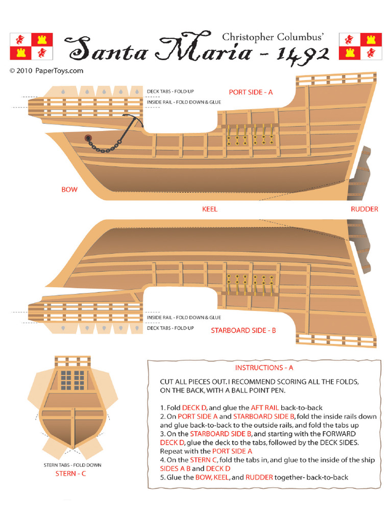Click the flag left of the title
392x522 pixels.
pyautogui.click(x=31, y=46)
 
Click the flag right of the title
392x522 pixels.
pyautogui.click(x=360, y=46)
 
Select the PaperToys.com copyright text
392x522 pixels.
pyautogui.click(x=46, y=70)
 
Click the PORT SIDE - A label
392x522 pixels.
pyautogui.click(x=251, y=92)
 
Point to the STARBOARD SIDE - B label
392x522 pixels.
pyautogui.click(x=243, y=330)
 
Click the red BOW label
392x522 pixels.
pyautogui.click(x=69, y=190)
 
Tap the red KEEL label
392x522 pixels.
pyautogui.click(x=210, y=209)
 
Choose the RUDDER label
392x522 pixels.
pyautogui.click(x=364, y=209)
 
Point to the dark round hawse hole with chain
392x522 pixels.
pyautogui.click(x=88, y=138)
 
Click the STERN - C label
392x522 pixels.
pyautogui.click(x=70, y=474)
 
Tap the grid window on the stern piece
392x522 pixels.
pyautogui.click(x=72, y=380)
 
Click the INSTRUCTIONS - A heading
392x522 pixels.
pyautogui.click(x=264, y=368)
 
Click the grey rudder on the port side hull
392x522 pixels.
pyautogui.click(x=359, y=173)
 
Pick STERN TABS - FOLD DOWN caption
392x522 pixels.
pyautogui.click(x=72, y=465)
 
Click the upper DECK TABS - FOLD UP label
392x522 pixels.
pyautogui.click(x=170, y=91)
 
